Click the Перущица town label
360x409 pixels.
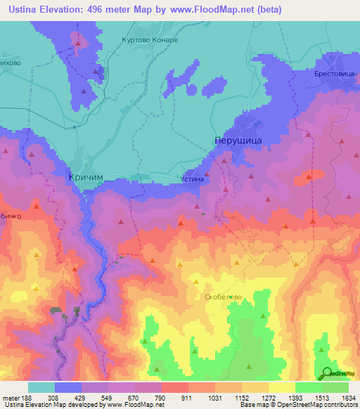tap(238, 141)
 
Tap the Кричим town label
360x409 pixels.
tap(88, 178)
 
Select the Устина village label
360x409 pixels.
tap(193, 179)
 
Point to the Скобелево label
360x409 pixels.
tap(223, 297)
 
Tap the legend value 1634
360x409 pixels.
tap(348, 398)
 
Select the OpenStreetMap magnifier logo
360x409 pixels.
tap(328, 373)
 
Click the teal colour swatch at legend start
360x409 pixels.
tap(41, 387)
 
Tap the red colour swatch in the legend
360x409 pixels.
tap(174, 387)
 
